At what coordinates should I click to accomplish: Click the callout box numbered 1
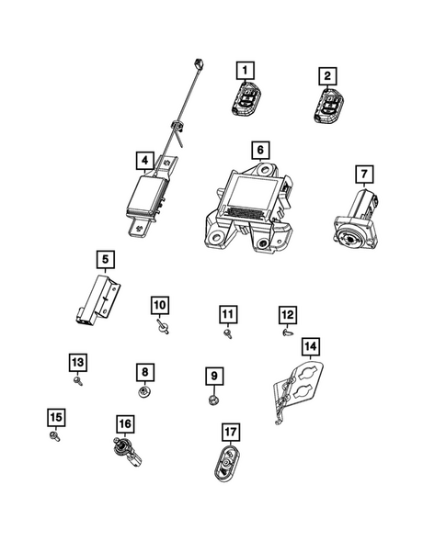[244, 69]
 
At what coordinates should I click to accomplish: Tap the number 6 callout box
[260, 149]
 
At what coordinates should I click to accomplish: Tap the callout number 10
[159, 304]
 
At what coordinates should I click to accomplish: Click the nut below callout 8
[144, 393]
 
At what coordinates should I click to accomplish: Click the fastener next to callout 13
[80, 378]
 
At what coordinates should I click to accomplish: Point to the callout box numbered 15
[54, 418]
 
